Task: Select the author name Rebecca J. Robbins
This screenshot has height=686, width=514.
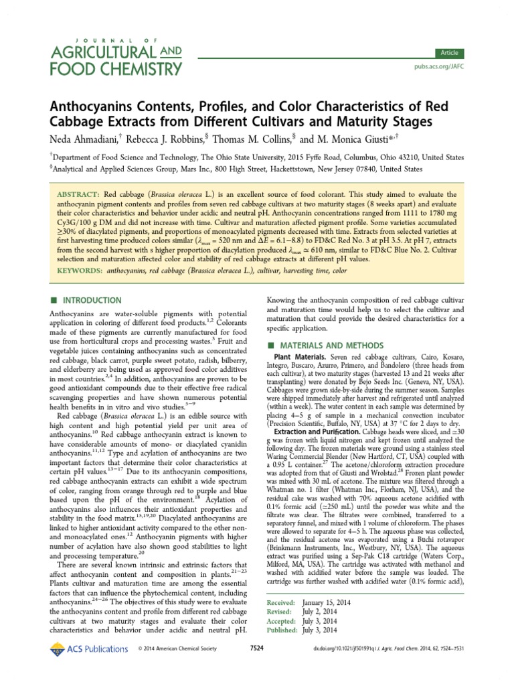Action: tap(162, 138)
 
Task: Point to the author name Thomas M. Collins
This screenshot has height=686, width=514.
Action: tap(250, 138)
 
